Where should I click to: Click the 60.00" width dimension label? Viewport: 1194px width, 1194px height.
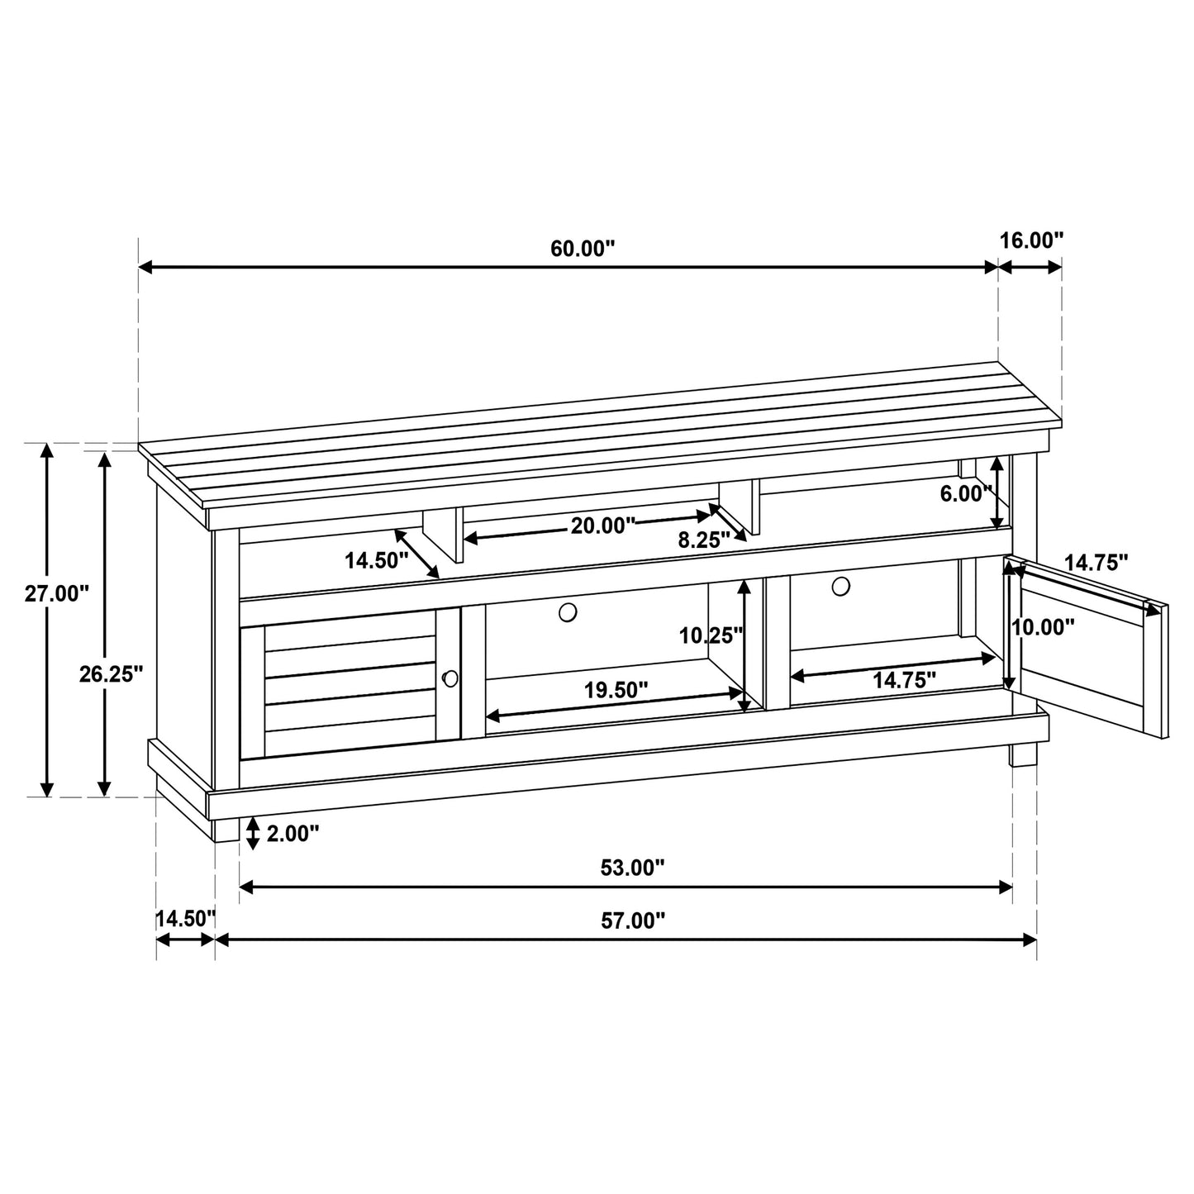[583, 249]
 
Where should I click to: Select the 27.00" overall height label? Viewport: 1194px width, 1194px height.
[56, 593]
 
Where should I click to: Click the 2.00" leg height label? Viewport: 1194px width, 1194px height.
[293, 833]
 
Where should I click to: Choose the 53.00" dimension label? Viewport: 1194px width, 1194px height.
[632, 868]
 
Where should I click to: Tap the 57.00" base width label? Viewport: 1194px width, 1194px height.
[632, 921]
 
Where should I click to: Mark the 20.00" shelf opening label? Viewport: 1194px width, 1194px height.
[602, 525]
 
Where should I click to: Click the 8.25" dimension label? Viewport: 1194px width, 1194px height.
[703, 540]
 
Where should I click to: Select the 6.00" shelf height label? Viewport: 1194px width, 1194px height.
[966, 494]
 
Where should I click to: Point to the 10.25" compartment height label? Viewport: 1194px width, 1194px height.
[711, 635]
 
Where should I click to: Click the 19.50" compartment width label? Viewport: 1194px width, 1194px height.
[616, 690]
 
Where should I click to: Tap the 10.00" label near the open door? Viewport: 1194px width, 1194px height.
[1044, 626]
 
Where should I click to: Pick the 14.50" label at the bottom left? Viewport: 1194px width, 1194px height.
[185, 918]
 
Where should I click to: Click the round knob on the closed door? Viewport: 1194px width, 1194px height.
[450, 678]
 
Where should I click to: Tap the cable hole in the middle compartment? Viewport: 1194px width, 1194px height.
[568, 612]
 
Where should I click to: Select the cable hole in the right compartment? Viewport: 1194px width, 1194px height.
[840, 586]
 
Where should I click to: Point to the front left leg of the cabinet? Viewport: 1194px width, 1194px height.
[226, 829]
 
